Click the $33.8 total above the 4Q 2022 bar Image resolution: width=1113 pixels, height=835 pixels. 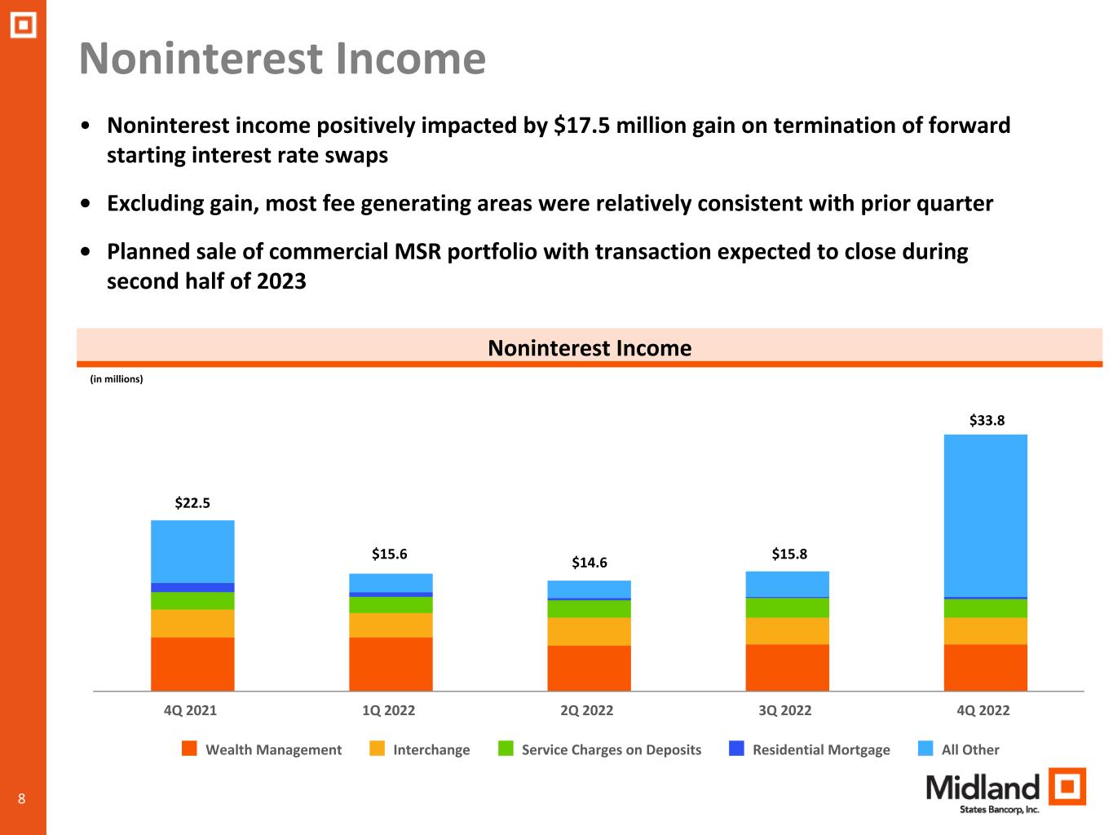coord(987,420)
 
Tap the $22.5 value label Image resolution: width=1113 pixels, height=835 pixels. coord(192,503)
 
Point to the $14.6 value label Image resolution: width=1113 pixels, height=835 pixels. coord(590,563)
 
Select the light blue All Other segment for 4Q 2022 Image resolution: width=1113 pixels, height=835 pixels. coord(985,515)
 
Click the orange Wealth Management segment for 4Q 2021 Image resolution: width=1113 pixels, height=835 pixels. coord(192,664)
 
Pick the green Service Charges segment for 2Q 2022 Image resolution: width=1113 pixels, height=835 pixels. coord(590,609)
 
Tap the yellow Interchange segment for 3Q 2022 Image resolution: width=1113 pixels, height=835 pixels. coord(787,630)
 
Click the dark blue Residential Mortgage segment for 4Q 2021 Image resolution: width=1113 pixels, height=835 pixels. coord(192,588)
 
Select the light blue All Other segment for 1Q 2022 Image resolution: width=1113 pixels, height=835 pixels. coord(391,583)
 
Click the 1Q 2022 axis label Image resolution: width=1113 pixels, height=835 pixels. coord(388,710)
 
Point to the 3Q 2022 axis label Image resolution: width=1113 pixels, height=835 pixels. coord(785,710)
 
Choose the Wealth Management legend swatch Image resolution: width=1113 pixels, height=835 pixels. coord(189,749)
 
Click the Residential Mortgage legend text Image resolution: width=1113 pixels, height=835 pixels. coord(821,749)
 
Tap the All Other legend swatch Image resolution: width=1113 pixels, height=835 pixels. coord(925,749)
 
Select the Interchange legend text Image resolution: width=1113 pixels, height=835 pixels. coord(431,749)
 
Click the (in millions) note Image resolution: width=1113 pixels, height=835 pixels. coord(117,379)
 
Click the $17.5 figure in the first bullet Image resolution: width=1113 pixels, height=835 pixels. coord(581,126)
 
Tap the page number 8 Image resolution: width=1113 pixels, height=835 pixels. coord(21,799)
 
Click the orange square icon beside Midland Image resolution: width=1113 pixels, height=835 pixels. coord(1067,786)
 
